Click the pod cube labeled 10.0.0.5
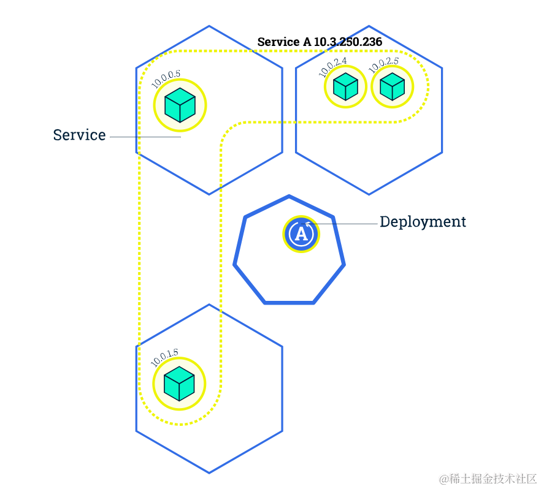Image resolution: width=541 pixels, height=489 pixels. pos(180,105)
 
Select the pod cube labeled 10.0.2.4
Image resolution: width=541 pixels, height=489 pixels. pos(345,86)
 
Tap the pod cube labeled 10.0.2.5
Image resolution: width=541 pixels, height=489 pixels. pos(392,86)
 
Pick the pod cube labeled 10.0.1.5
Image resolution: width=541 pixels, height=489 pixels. pos(179,384)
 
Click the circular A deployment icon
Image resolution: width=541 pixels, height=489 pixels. pos(301,233)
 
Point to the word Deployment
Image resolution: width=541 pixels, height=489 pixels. pos(423,222)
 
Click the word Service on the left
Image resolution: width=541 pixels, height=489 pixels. pos(79,135)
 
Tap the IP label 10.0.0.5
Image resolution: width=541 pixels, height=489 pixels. pos(166,80)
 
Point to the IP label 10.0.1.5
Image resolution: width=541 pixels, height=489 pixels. pos(164,357)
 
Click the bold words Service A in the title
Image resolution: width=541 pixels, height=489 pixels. pos(284,42)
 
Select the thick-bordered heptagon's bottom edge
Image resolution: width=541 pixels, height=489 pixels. pos(289,302)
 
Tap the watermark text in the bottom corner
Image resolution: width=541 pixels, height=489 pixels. pos(488,478)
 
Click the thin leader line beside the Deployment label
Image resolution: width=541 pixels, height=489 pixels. pos(347,224)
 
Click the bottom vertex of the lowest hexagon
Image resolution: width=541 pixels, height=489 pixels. pos(209,472)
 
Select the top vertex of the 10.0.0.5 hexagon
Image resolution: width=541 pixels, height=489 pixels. pos(209,26)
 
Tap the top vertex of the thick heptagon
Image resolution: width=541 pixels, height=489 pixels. pos(289,197)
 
